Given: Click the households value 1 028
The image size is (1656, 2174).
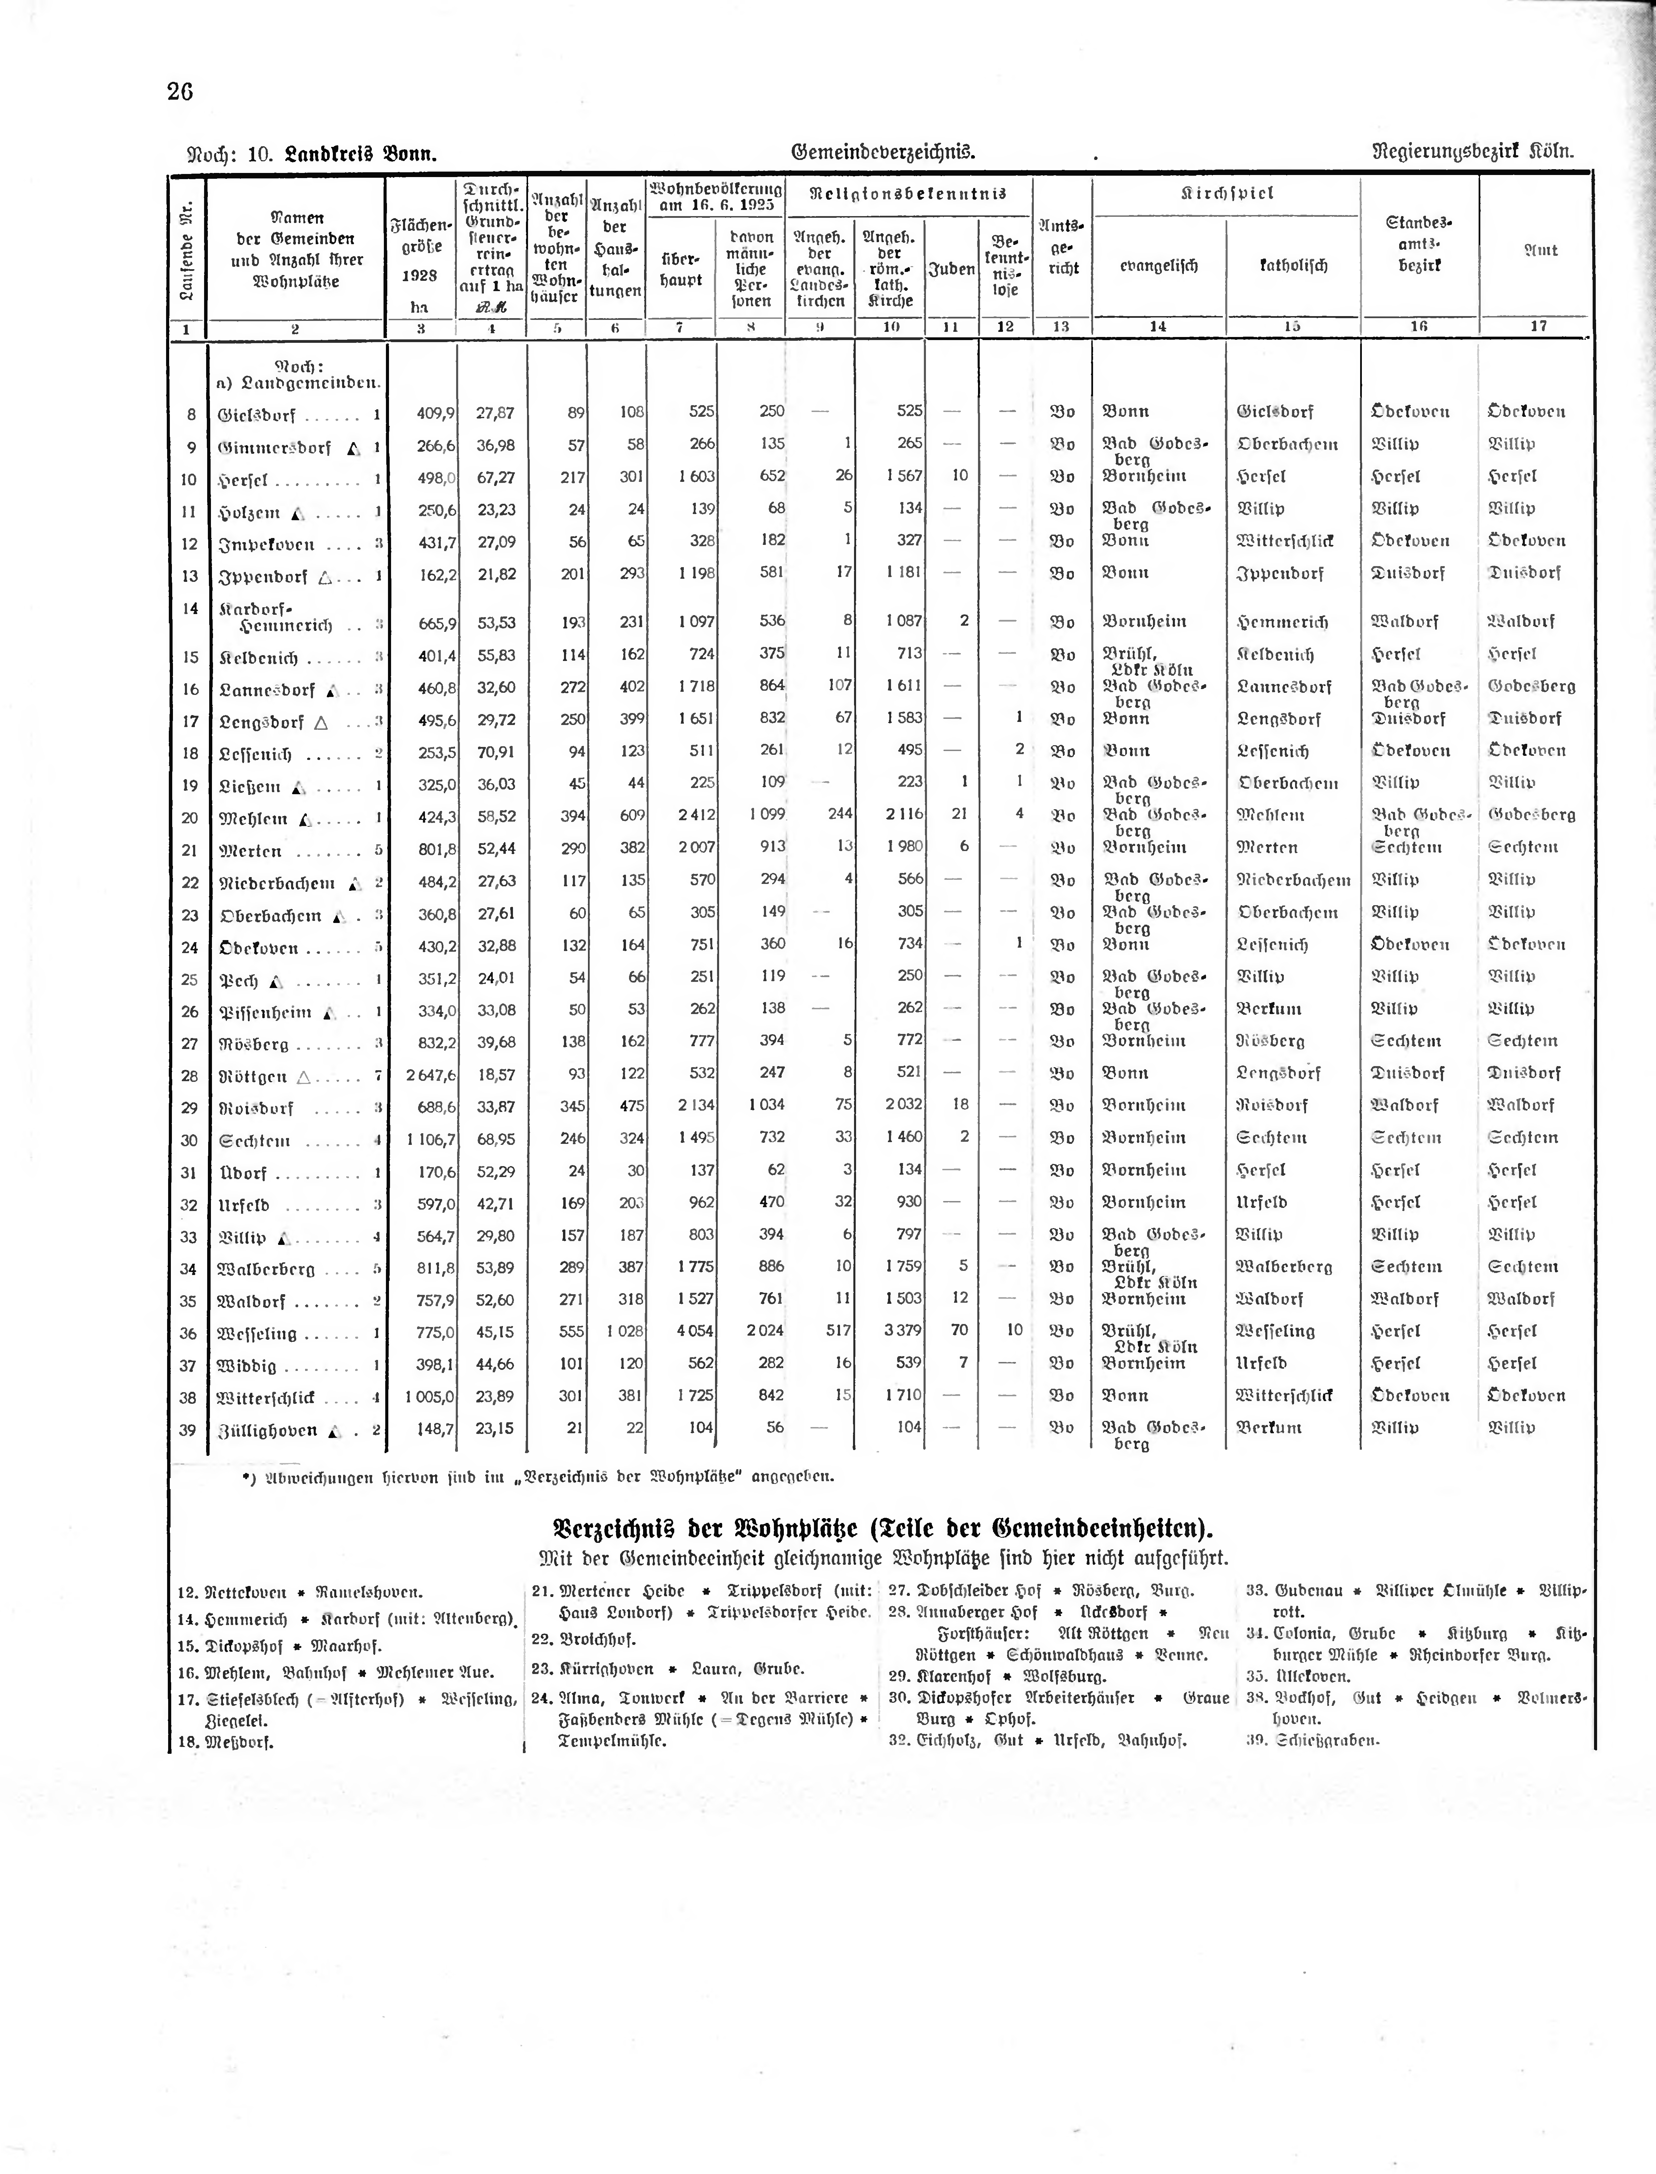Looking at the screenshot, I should point(625,1330).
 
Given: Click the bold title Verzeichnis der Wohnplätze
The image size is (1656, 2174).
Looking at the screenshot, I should point(882,1529).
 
